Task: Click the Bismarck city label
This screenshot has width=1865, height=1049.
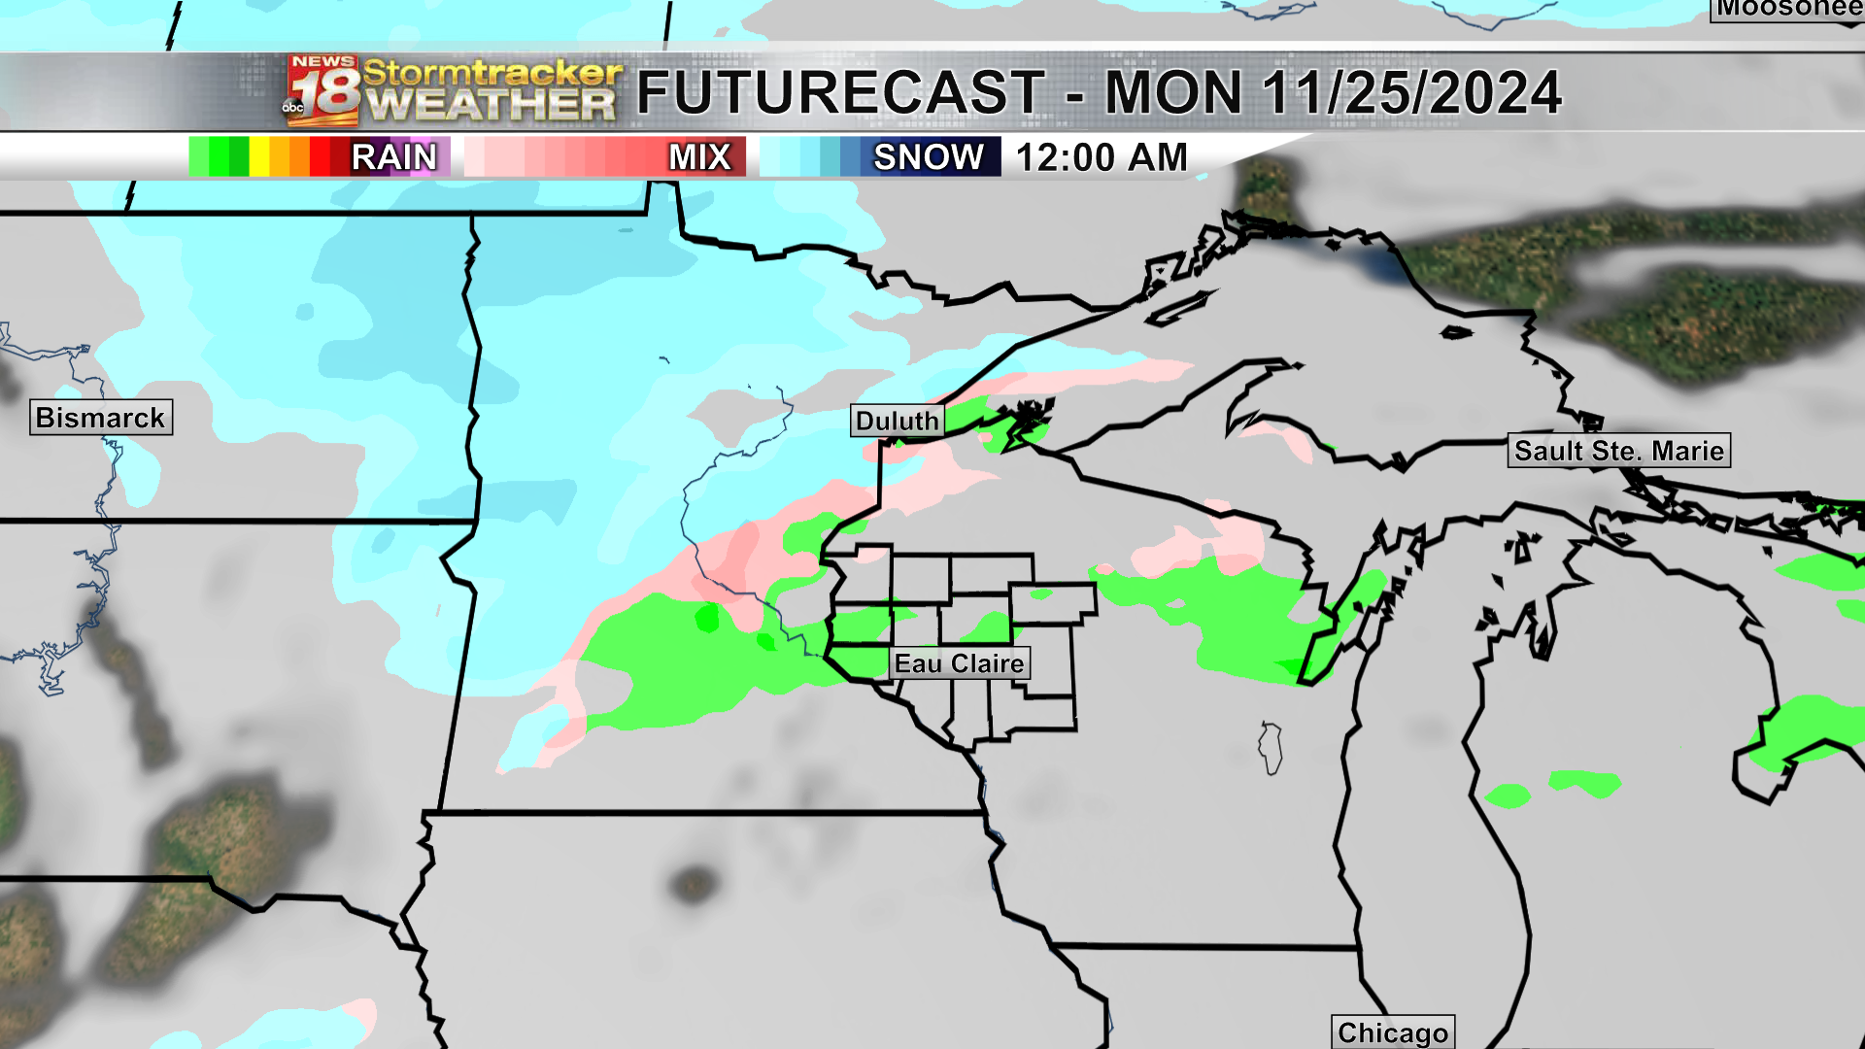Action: [x=101, y=418]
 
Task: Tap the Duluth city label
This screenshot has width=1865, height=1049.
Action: [x=898, y=421]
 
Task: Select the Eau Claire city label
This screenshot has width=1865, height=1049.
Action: [x=960, y=663]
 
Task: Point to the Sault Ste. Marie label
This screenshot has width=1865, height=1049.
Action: [x=1619, y=451]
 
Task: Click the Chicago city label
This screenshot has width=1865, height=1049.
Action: [x=1393, y=1032]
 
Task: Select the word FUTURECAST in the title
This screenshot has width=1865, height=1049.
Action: [x=841, y=93]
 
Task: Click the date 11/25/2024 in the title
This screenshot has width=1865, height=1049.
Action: [x=1411, y=93]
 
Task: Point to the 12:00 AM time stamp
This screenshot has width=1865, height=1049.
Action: [x=1102, y=157]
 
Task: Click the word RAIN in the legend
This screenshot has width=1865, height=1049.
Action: [x=394, y=157]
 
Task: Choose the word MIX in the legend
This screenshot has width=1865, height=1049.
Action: [x=699, y=157]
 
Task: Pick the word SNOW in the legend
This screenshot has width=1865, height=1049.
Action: [x=929, y=157]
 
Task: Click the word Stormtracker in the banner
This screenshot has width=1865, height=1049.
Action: [x=492, y=72]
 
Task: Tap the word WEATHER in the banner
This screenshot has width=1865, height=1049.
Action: [x=492, y=105]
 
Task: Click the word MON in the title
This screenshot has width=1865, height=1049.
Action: [x=1173, y=93]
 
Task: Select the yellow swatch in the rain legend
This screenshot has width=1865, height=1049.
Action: [x=259, y=157]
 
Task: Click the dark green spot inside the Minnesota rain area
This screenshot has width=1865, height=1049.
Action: [x=707, y=617]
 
